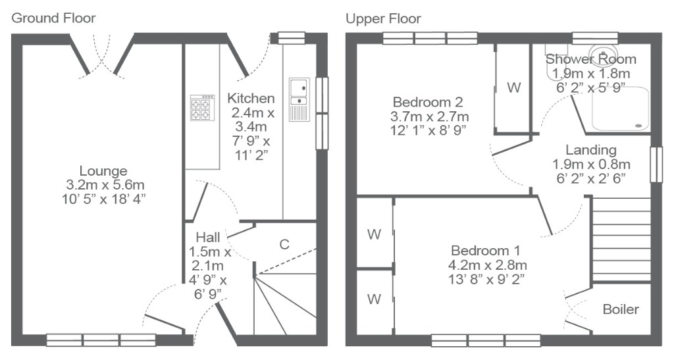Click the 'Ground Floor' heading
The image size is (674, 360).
53,18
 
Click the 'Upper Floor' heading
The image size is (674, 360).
384,19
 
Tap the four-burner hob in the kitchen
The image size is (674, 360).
203,107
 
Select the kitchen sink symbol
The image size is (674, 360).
299,99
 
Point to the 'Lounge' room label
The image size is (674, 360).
103,171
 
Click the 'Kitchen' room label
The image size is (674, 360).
251,98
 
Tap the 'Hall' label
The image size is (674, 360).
208,237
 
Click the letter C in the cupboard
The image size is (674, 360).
284,244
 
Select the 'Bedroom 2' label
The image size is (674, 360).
428,102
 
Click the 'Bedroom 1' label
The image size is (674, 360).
486,251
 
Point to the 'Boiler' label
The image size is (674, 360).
621,309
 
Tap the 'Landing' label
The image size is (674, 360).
591,150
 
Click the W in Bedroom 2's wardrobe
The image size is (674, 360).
514,88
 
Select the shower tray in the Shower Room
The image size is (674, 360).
621,109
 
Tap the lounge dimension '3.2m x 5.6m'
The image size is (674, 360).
105,185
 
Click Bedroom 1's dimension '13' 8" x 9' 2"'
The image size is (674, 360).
486,279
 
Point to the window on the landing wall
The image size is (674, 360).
656,165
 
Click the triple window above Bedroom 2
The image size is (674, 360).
430,38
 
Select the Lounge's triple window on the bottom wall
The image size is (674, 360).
101,340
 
